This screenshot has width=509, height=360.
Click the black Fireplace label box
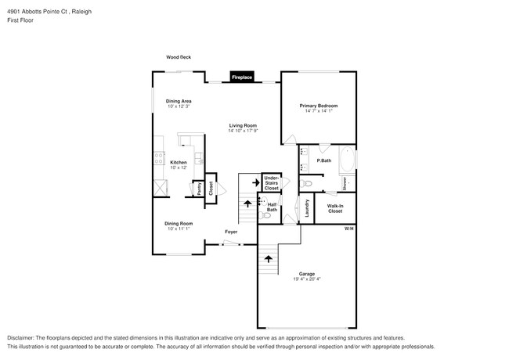[x=241, y=77]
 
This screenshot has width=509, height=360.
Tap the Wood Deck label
[x=179, y=57]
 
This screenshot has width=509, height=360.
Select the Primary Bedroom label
[x=319, y=106]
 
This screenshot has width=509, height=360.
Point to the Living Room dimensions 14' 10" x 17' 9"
[x=243, y=131]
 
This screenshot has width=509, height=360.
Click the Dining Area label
[x=179, y=101]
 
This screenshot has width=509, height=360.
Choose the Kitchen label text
[x=179, y=162]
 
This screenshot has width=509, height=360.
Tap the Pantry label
[x=200, y=189]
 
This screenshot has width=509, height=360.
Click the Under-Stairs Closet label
[x=272, y=183]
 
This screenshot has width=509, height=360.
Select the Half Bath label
[x=272, y=207]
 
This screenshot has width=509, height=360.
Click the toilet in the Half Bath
[x=266, y=218]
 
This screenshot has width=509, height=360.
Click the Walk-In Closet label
[x=335, y=209]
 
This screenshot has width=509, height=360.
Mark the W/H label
[x=349, y=229]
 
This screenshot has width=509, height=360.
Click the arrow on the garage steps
[x=270, y=257]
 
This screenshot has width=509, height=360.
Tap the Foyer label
[x=231, y=232]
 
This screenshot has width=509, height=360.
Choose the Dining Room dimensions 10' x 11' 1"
[x=179, y=229]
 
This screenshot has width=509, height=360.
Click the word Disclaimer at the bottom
[x=21, y=337]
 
